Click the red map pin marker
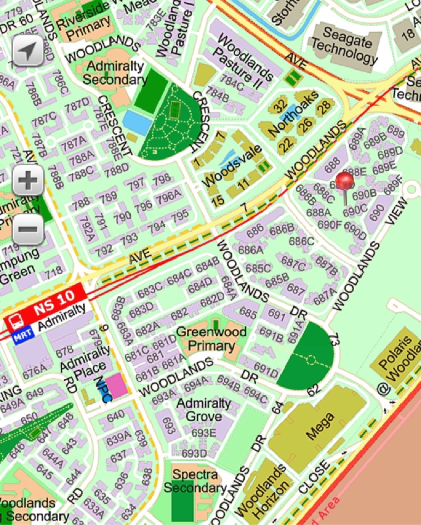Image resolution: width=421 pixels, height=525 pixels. [x=344, y=182]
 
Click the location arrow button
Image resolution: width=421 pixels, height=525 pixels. [x=28, y=51]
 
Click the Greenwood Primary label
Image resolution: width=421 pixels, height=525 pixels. [x=211, y=339]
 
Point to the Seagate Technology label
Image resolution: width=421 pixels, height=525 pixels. [x=344, y=45]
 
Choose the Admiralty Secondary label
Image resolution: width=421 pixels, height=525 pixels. [x=114, y=73]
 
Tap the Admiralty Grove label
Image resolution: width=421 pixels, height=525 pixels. [x=204, y=410]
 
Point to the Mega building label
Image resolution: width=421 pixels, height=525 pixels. [x=320, y=426]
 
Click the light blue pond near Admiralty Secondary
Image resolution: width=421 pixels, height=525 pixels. [x=137, y=122]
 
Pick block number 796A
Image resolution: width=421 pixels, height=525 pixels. [x=168, y=195]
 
